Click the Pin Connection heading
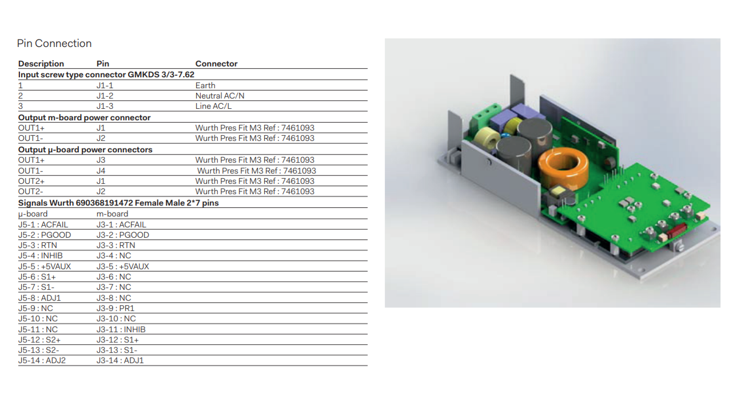(54, 44)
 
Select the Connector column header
(216, 64)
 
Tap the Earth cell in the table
(205, 85)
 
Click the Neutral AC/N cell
(220, 96)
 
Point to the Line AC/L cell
(213, 107)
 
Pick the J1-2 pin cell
(105, 96)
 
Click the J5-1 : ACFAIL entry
(43, 224)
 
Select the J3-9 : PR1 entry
(115, 308)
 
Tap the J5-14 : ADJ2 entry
(42, 360)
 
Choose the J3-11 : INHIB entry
(121, 329)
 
